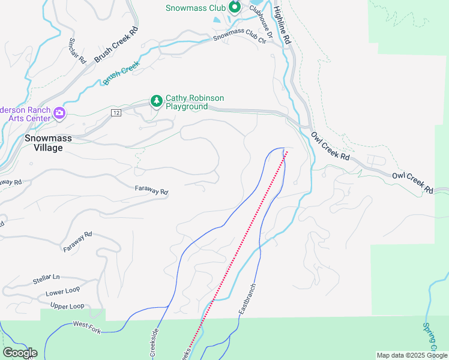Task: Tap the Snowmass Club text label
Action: click(x=196, y=8)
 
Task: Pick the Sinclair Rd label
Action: click(x=77, y=52)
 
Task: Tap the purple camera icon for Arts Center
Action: click(x=59, y=113)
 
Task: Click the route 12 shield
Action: click(x=116, y=113)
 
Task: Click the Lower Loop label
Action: click(x=62, y=293)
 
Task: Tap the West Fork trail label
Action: click(x=86, y=325)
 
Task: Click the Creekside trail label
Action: click(x=152, y=343)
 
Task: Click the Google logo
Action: click(x=19, y=353)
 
